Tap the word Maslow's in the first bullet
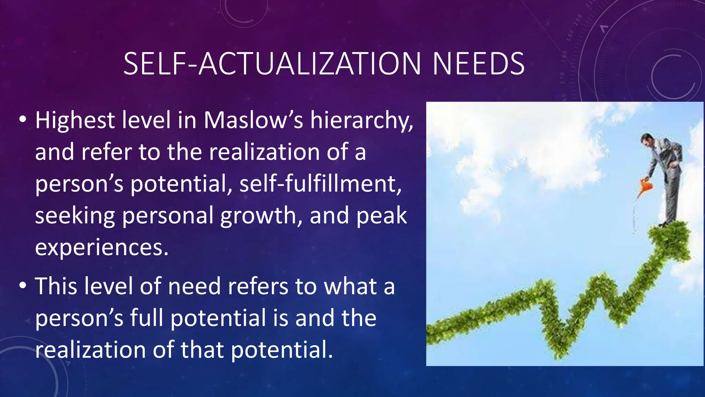tap(253, 121)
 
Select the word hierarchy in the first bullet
tap(361, 121)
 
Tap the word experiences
tap(102, 247)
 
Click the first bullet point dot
tap(23, 120)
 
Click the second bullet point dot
tap(23, 286)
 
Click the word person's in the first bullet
tap(79, 184)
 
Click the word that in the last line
tap(202, 349)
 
